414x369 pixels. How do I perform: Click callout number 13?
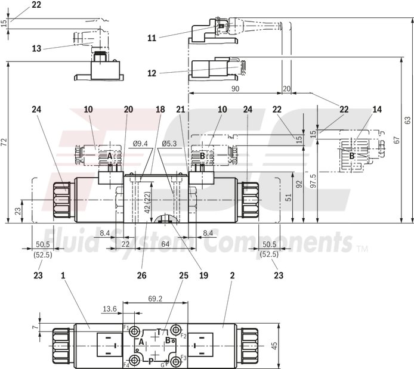[x=36, y=49]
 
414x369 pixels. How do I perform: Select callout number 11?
[x=152, y=37]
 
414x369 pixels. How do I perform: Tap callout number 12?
[x=152, y=73]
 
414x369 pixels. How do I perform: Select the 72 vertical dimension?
[x=5, y=142]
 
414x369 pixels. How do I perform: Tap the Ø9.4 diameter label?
[x=140, y=143]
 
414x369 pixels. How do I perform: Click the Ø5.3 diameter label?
[x=171, y=143]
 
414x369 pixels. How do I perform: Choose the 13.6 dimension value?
[x=110, y=309]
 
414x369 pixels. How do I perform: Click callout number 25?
[x=184, y=275]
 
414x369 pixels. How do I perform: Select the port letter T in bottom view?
[x=158, y=331]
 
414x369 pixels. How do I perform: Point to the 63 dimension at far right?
[x=408, y=120]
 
